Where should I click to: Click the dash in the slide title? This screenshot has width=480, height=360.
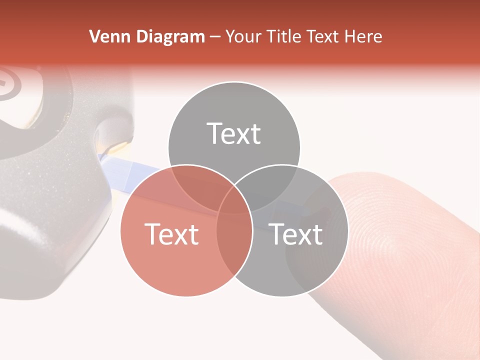pos(215,37)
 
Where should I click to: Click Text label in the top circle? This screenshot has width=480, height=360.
pos(234,134)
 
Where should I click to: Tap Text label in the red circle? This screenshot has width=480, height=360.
pos(171,234)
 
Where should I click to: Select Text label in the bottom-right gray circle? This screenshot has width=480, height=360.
pos(296,234)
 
